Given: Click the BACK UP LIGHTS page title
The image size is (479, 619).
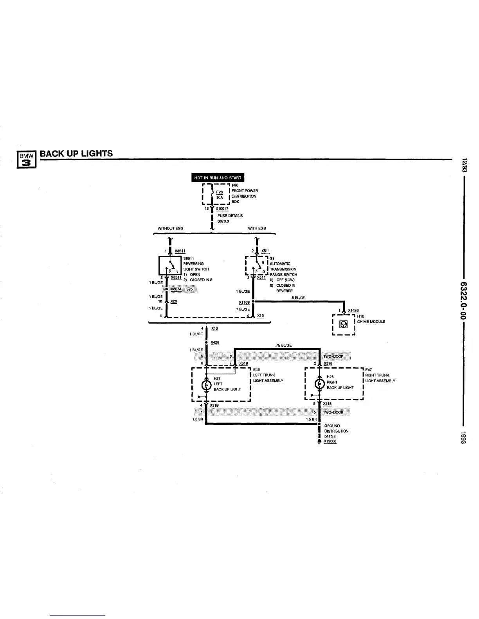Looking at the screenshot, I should click(x=76, y=154).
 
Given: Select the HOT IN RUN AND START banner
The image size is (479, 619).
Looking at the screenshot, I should click(x=218, y=178).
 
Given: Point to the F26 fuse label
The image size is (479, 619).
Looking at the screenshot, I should click(x=220, y=192).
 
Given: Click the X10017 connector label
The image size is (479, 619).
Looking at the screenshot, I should click(x=222, y=209).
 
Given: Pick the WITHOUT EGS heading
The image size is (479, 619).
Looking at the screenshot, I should click(x=170, y=228).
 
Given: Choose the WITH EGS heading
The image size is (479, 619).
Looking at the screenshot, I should click(x=257, y=228).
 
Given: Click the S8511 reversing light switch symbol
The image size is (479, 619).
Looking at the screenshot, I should click(x=169, y=266).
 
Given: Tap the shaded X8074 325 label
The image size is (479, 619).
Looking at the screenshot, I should click(x=181, y=289).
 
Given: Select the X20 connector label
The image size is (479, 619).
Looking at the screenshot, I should click(x=174, y=302).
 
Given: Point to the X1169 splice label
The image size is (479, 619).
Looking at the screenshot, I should click(x=244, y=302).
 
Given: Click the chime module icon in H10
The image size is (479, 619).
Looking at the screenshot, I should click(x=344, y=324).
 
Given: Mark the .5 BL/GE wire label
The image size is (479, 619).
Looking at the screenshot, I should click(x=298, y=298).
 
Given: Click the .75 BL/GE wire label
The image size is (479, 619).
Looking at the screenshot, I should click(x=283, y=345).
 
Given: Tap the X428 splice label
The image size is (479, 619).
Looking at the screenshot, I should click(x=215, y=342).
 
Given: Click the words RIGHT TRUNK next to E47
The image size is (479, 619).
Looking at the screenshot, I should click(x=377, y=375).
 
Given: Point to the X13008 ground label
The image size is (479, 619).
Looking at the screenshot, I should click(x=330, y=442).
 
